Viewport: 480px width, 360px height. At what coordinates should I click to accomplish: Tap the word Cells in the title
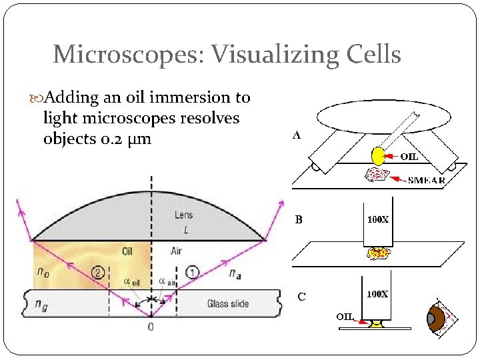click(371, 54)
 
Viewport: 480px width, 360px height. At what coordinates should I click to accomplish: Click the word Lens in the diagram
click(183, 215)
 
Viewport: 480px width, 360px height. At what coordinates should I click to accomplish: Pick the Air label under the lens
click(176, 251)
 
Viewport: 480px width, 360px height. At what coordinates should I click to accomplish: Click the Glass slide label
click(227, 304)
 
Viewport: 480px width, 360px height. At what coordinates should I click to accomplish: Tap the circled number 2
click(98, 271)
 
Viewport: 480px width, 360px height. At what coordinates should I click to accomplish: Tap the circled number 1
click(192, 271)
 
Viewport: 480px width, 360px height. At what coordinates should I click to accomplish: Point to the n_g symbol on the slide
click(42, 304)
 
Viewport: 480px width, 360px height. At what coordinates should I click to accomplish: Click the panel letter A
click(297, 135)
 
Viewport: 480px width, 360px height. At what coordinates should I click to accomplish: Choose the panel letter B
click(299, 219)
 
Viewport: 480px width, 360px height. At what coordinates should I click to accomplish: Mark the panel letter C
click(302, 297)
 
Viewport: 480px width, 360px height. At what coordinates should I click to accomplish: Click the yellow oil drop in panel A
click(378, 156)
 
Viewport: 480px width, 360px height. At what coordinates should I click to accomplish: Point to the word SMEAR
click(426, 179)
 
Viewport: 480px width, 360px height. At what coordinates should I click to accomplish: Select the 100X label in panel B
click(377, 219)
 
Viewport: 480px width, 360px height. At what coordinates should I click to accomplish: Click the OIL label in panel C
click(345, 316)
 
